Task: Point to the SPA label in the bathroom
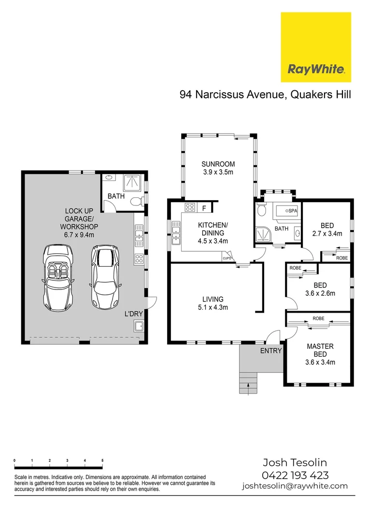tap(293, 211)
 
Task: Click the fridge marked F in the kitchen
tap(204, 208)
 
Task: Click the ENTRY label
tap(270, 351)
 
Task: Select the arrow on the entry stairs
tap(248, 385)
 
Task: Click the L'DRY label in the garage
tap(134, 314)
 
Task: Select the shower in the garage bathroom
tap(131, 182)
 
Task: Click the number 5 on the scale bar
tap(102, 461)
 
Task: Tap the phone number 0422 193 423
tap(295, 475)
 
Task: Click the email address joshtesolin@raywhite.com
tap(295, 486)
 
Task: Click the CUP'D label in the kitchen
tap(227, 259)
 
